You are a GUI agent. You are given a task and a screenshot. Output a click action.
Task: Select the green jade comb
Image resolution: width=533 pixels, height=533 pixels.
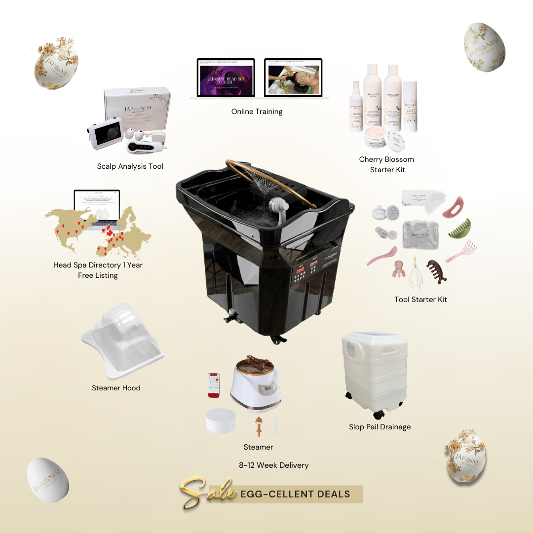(x=460, y=228)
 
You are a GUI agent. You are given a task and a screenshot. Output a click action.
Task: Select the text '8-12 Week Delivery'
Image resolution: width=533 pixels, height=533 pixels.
(x=274, y=465)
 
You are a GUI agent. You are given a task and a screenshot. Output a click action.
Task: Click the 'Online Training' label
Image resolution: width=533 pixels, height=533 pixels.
(x=257, y=112)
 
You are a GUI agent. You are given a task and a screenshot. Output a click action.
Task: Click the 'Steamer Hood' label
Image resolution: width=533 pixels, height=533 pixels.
(x=116, y=388)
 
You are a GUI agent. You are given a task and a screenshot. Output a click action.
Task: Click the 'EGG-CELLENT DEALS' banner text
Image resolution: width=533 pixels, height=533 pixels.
(x=295, y=494)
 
